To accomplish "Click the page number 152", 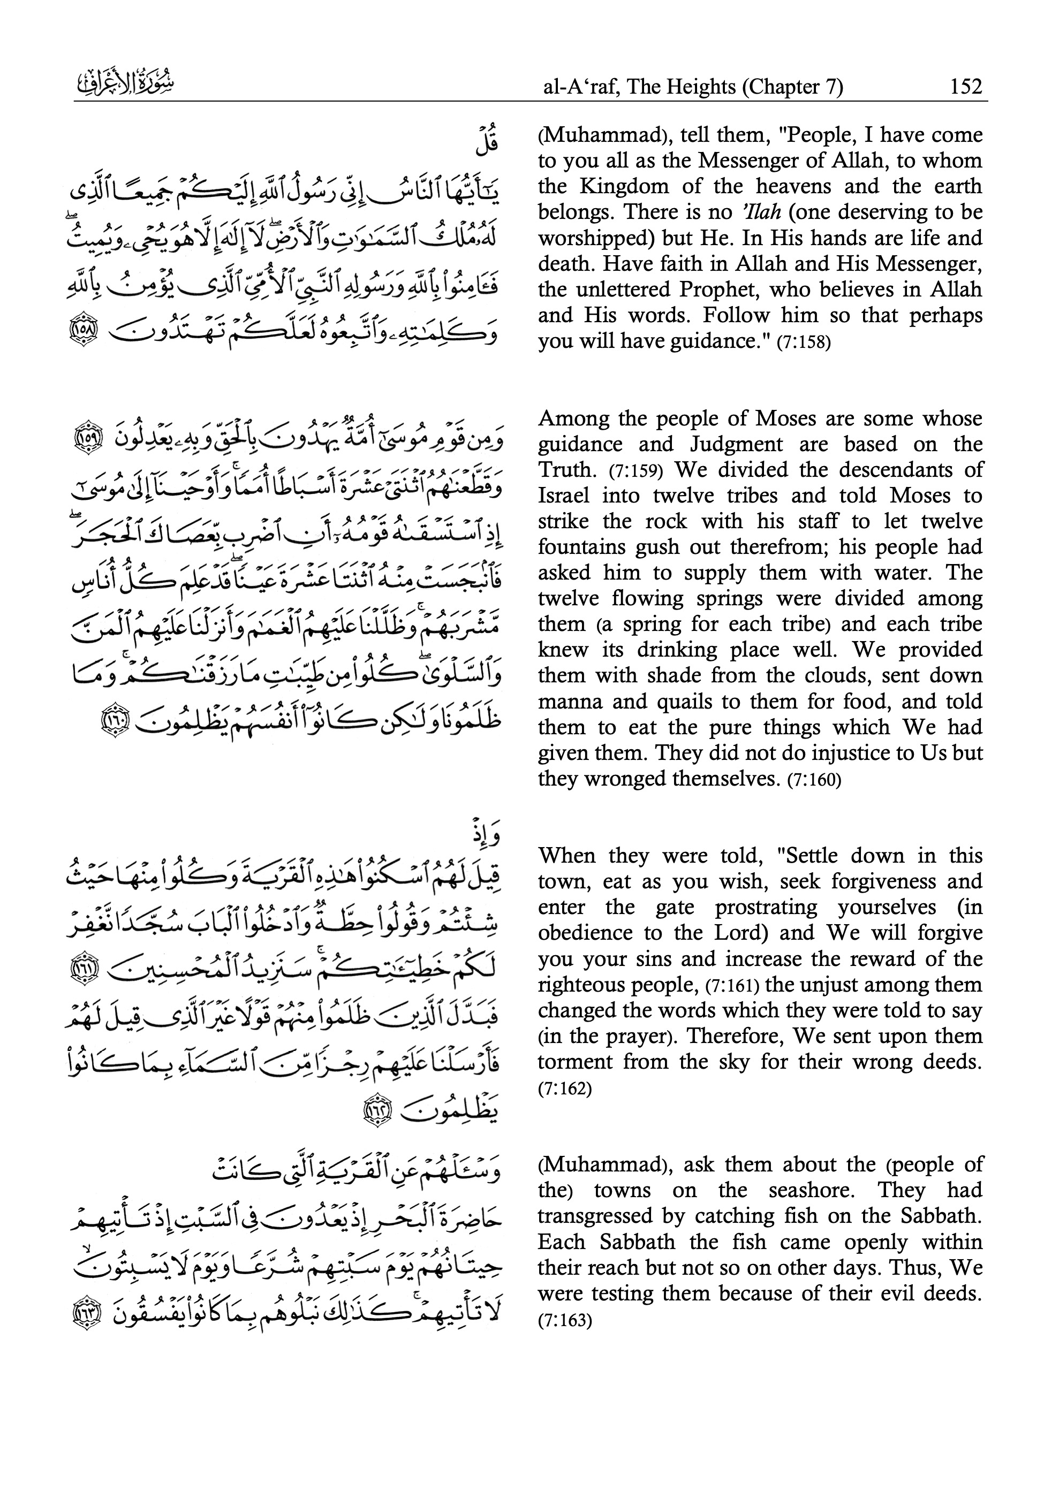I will click(x=966, y=86).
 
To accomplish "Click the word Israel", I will click(x=564, y=496).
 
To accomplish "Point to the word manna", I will click(x=567, y=701).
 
